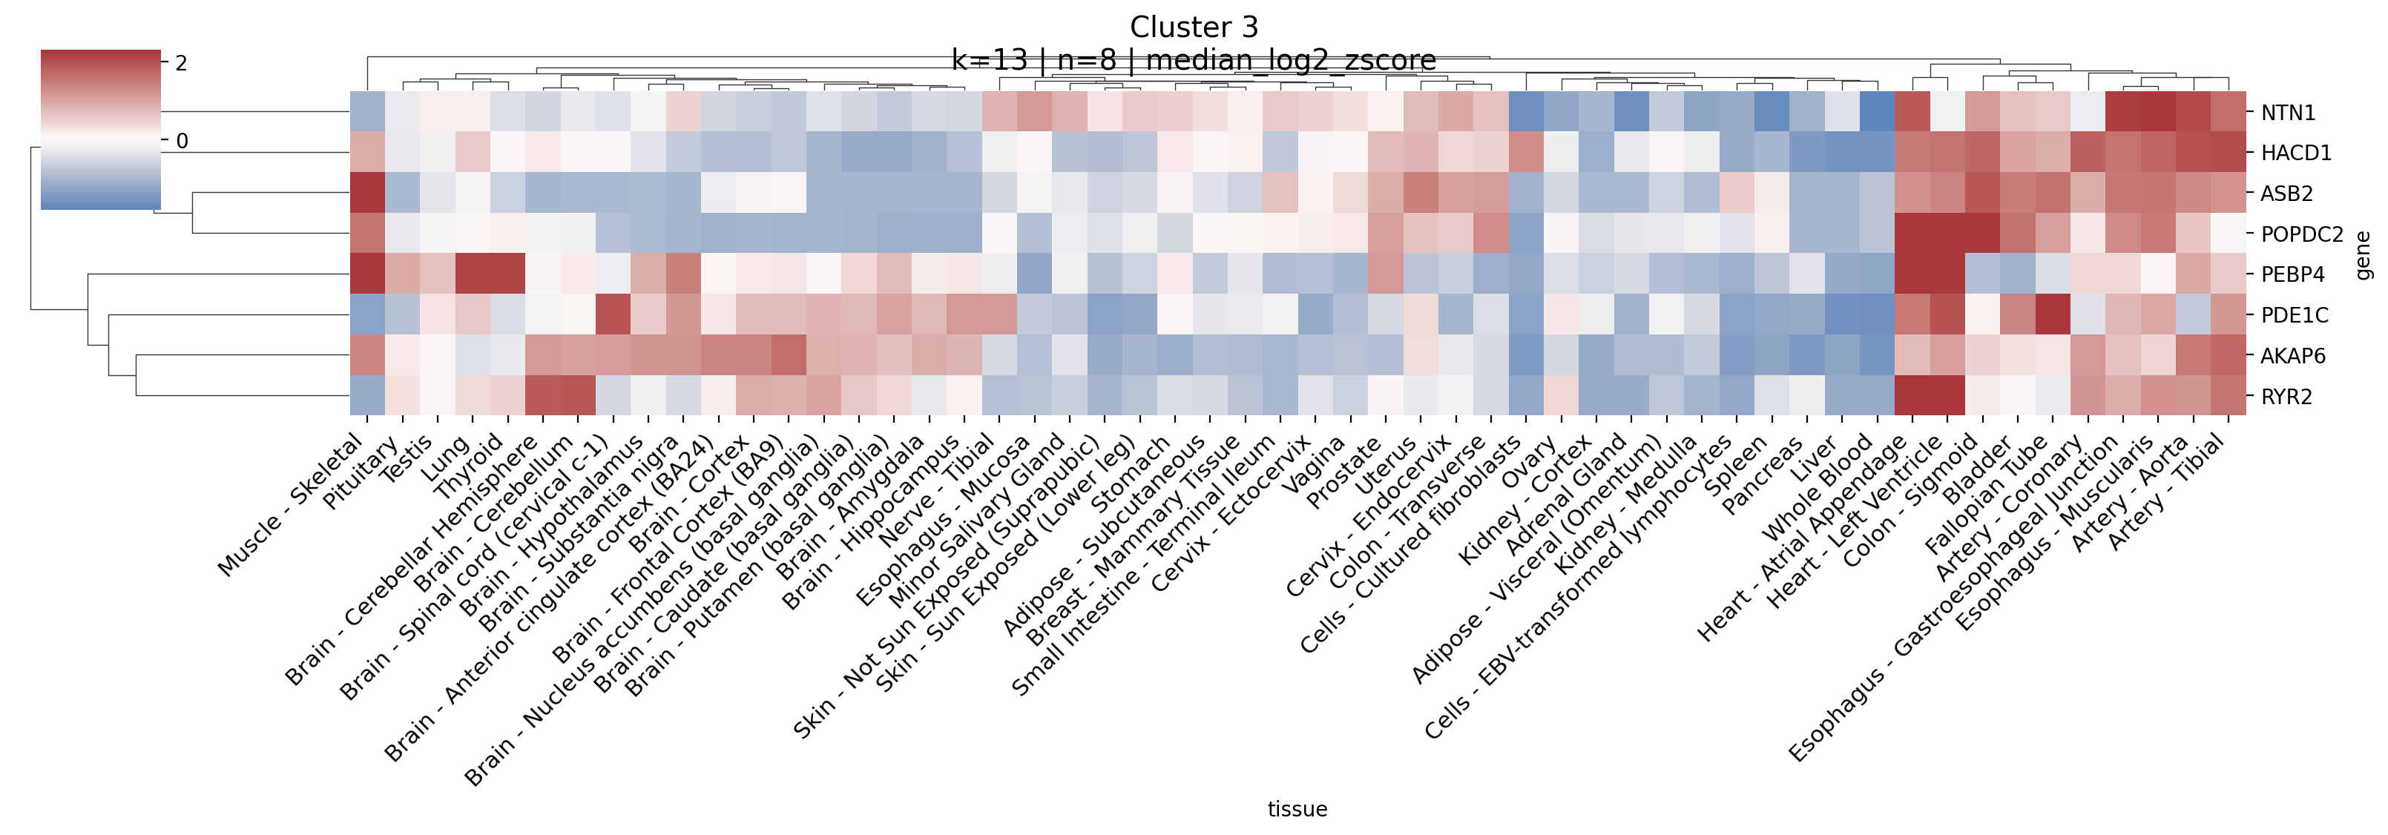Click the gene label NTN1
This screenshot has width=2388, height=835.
[x=2288, y=113]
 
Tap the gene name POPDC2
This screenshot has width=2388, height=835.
[x=2302, y=234]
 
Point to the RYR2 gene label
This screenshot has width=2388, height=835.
[x=2287, y=397]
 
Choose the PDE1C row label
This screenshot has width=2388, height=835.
[x=2295, y=315]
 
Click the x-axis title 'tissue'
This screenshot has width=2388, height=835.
[x=1297, y=809]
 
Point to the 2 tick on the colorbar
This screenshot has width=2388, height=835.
[x=181, y=63]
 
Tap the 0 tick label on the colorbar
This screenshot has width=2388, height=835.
[x=182, y=141]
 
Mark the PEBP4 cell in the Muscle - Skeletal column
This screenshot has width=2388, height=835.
[x=368, y=274]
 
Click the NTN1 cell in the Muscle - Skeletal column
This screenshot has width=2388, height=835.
[x=368, y=112]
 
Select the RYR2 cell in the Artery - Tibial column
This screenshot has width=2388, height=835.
[x=2229, y=396]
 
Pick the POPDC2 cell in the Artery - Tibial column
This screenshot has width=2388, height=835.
[x=2229, y=234]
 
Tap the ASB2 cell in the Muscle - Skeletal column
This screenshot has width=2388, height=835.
[x=368, y=193]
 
